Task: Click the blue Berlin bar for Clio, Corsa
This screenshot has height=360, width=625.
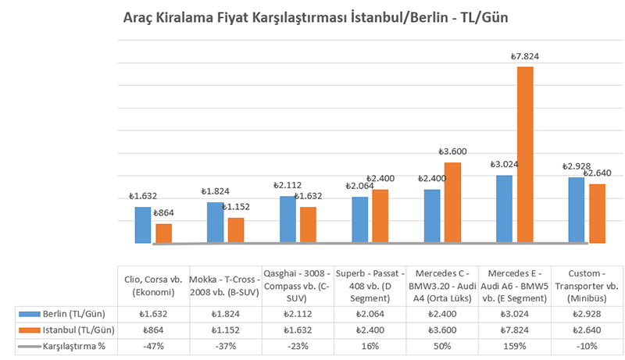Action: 142,225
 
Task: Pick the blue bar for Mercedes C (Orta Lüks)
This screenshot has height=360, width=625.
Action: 432,216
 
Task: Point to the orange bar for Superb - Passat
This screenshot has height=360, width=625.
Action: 380,216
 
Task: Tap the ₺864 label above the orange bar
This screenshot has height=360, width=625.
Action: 163,212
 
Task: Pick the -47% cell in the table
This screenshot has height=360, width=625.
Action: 153,347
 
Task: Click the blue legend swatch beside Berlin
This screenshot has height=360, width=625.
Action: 30,313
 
